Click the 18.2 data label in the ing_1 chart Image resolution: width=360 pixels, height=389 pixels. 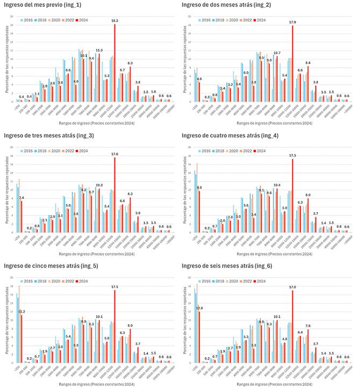115,20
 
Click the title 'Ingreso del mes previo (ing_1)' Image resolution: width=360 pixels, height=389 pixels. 45,5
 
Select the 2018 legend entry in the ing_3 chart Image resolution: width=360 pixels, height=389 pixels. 42,150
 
